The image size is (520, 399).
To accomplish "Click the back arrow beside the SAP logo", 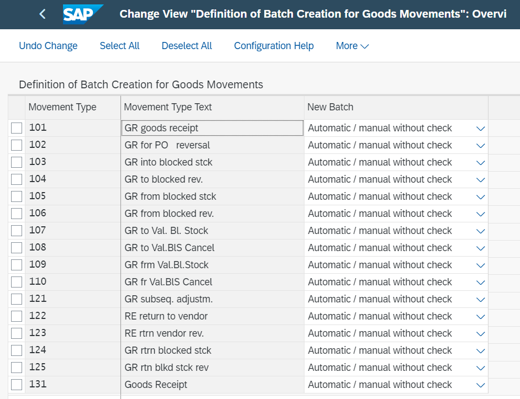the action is (43, 14).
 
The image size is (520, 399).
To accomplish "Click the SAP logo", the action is (82, 14).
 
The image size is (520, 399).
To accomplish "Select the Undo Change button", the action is (48, 46).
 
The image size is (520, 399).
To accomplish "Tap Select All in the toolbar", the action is (119, 46).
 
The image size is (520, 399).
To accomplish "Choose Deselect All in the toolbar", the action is (187, 46).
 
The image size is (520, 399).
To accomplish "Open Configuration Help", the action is (274, 46).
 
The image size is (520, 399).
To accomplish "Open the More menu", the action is (352, 46).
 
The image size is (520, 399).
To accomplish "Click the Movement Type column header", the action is (62, 107).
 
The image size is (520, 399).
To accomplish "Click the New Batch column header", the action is (330, 107).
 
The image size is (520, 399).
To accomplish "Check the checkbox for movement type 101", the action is (17, 128).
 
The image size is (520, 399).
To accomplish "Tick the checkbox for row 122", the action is (17, 316).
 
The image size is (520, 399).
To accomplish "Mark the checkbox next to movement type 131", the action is (17, 385).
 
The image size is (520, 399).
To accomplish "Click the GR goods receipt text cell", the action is (212, 128).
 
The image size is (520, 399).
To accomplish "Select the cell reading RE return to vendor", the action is (212, 316).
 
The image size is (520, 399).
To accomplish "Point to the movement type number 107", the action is (38, 230).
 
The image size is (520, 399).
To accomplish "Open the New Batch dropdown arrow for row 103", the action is (481, 163).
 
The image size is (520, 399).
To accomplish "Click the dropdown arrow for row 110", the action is (481, 283).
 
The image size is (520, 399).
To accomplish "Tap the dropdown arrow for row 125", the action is (481, 368).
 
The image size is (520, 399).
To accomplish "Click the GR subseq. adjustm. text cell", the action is (212, 299).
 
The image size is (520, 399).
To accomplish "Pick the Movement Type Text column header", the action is (168, 107).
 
